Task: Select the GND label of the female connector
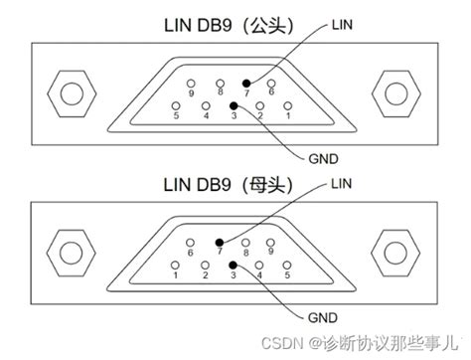coord(324,318)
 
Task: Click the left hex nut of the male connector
coord(71,95)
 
